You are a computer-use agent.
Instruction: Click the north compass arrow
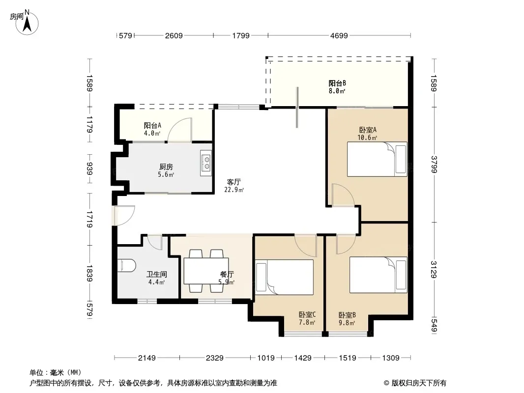pyautogui.click(x=27, y=24)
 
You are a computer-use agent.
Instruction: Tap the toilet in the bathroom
pyautogui.click(x=127, y=266)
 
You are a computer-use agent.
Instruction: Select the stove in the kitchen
pyautogui.click(x=206, y=163)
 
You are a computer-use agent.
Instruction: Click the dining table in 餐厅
pyautogui.click(x=206, y=271)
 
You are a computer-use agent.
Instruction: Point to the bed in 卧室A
pyautogui.click(x=377, y=159)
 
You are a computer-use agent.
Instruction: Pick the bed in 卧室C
pyautogui.click(x=285, y=277)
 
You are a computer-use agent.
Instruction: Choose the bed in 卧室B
pyautogui.click(x=378, y=275)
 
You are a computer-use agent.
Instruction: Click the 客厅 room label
pyautogui.click(x=233, y=182)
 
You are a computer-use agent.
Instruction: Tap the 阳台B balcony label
pyautogui.click(x=337, y=83)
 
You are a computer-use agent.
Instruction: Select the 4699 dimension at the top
pyautogui.click(x=339, y=35)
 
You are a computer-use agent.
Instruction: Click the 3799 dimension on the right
pyautogui.click(x=434, y=165)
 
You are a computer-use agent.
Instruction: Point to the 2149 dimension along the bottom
pyautogui.click(x=146, y=358)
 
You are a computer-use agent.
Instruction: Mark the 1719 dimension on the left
pyautogui.click(x=89, y=219)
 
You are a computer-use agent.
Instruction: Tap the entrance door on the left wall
pyautogui.click(x=124, y=215)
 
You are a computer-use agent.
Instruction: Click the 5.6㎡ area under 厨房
pyautogui.click(x=166, y=174)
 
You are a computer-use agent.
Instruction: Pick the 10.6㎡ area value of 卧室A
pyautogui.click(x=367, y=138)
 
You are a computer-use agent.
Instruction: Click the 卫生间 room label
pyautogui.click(x=156, y=275)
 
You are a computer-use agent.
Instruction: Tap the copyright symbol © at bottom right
pyautogui.click(x=386, y=383)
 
